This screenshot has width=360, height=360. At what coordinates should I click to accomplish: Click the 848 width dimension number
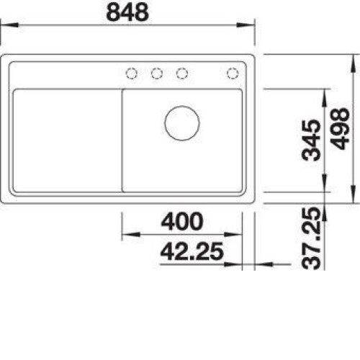(x=127, y=12)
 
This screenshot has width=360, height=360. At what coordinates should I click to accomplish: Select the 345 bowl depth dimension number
(x=311, y=140)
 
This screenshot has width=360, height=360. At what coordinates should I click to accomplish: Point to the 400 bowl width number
(x=182, y=221)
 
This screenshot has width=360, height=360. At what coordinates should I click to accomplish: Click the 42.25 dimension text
(x=192, y=252)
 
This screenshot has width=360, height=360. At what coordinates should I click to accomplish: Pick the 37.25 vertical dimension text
(x=311, y=238)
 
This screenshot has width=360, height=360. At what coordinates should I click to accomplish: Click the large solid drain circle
(x=182, y=123)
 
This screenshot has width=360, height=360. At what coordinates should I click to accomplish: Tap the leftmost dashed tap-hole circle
(x=132, y=73)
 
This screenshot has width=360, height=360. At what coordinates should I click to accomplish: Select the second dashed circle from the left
(x=157, y=73)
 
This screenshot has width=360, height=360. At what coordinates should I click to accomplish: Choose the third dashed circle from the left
(x=182, y=73)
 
